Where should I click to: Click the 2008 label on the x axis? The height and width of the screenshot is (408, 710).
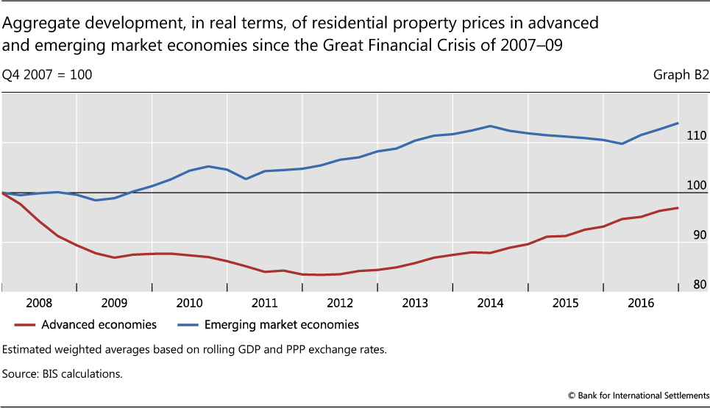pos(38,302)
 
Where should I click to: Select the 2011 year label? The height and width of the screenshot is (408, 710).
pos(264,302)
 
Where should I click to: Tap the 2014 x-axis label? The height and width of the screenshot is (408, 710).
pos(490,302)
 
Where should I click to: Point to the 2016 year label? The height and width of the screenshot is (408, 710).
pos(641,302)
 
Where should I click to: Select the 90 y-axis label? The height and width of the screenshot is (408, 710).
pos(699,235)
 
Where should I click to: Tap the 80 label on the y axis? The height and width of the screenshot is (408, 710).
pos(699,285)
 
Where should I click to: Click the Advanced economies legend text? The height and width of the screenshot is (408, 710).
pos(99,324)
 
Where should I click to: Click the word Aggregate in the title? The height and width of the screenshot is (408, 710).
pos(37,24)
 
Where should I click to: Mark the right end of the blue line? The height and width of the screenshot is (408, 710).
pos(678,123)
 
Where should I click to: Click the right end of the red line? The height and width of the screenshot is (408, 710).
pos(678,208)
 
